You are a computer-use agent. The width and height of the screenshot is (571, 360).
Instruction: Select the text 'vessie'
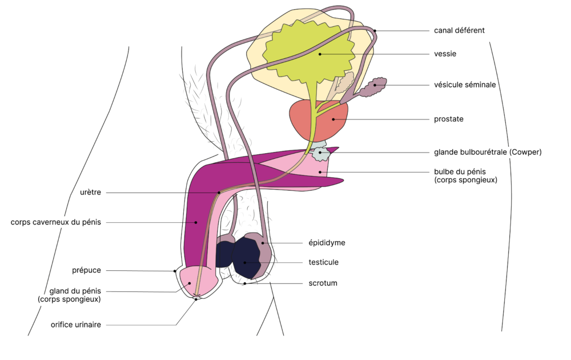point(445,54)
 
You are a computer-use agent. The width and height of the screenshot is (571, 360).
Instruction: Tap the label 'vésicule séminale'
point(464,85)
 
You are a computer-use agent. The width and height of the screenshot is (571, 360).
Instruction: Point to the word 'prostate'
point(448,119)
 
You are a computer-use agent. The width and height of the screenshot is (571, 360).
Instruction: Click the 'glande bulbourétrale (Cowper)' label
point(487,153)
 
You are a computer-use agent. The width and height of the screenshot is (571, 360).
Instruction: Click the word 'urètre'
point(90,193)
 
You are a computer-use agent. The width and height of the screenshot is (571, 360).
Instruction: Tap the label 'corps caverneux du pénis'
point(56,222)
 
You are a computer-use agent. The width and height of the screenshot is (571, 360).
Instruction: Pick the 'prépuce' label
point(87,270)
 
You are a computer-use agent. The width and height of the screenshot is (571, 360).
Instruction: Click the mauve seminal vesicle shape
point(374,87)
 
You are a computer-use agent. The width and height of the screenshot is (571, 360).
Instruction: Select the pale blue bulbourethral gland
point(321,153)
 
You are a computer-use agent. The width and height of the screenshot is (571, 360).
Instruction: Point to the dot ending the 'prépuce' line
point(175,271)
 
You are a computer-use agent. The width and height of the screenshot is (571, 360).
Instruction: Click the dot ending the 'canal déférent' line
point(375,30)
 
